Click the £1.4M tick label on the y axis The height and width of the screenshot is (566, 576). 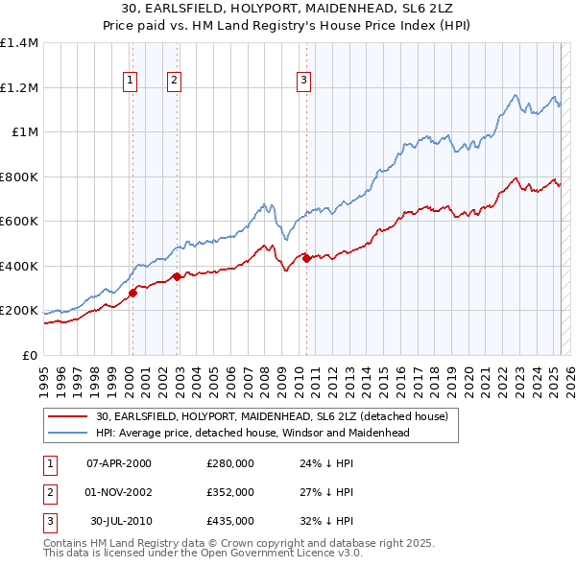pos(18,43)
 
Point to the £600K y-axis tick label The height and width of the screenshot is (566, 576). pos(18,222)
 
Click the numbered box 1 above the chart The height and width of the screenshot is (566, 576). pos(129,81)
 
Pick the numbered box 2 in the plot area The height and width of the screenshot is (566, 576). pos(174,81)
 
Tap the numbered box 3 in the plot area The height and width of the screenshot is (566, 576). pos(302,81)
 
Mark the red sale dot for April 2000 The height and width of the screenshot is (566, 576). pos(132,294)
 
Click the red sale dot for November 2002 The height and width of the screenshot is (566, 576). pos(177,277)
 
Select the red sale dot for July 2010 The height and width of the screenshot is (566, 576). pos(306,258)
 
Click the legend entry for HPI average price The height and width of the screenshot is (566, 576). pos(252,433)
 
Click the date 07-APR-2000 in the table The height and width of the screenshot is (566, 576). pos(119,463)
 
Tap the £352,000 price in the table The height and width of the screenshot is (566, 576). pos(230,492)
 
